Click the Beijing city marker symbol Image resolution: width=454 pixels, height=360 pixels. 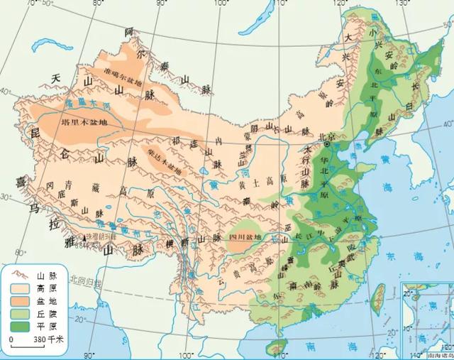click(327, 144)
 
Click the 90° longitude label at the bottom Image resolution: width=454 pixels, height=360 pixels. click(89, 354)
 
